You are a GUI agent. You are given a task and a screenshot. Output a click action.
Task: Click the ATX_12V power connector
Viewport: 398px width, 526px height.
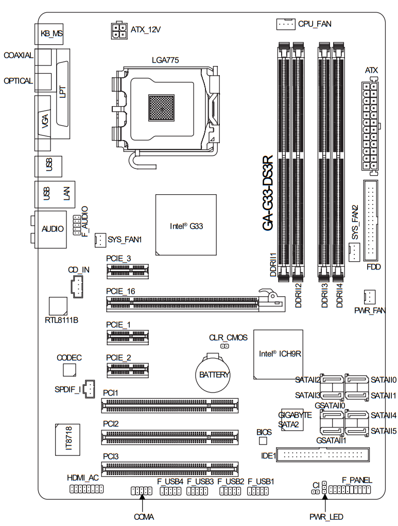click(119, 30)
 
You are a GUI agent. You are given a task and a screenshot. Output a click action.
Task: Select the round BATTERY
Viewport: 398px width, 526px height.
click(214, 374)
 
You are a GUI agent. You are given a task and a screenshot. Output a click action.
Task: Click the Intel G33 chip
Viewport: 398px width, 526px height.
click(185, 225)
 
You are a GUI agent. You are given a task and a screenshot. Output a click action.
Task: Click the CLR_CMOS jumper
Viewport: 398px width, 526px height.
click(224, 346)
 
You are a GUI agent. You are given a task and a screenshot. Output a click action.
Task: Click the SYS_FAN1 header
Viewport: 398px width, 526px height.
click(99, 240)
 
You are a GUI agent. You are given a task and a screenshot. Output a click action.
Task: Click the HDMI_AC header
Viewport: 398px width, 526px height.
click(86, 488)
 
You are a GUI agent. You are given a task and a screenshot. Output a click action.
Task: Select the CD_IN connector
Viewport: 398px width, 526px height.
click(77, 286)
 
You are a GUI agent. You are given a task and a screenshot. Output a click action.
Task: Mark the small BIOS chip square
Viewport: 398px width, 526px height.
click(264, 441)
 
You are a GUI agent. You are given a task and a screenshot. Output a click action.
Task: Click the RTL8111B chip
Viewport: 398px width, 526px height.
click(58, 305)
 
